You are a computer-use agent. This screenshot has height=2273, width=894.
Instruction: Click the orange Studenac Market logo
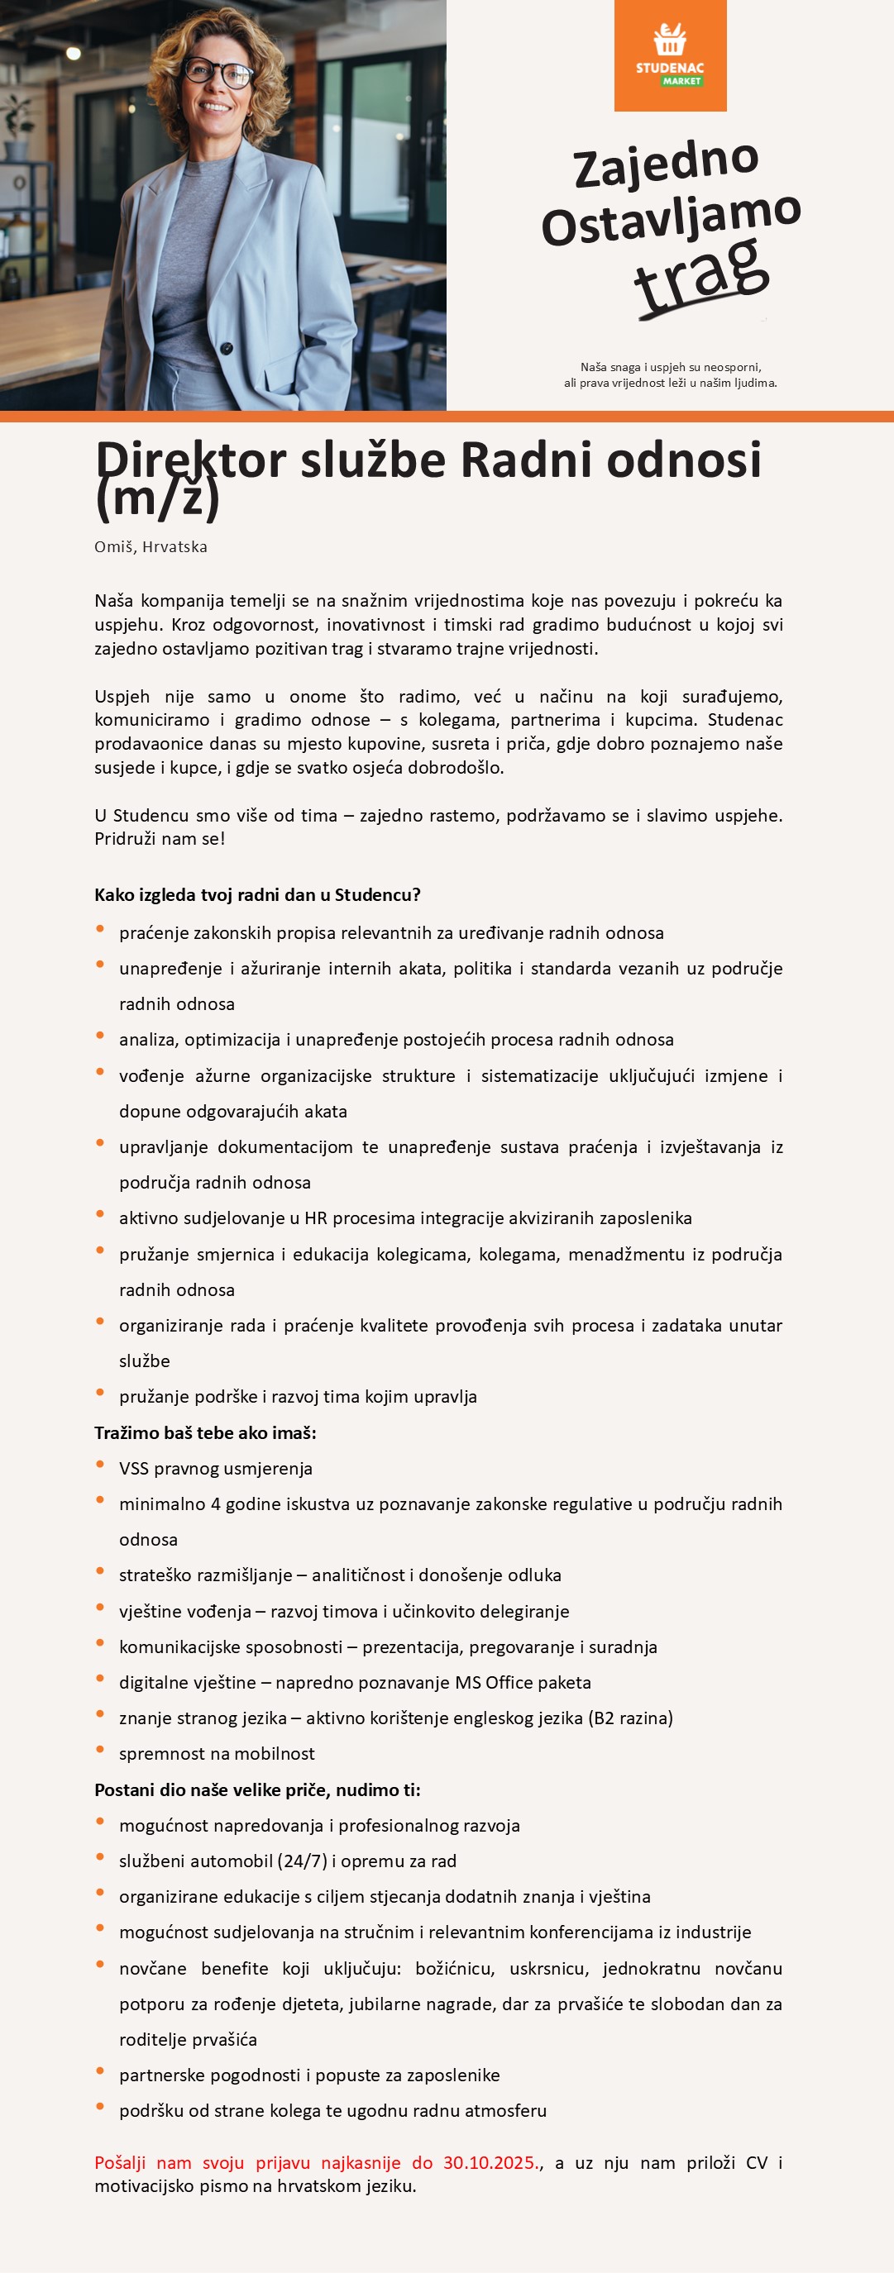tap(670, 55)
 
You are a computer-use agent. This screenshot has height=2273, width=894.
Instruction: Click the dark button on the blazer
tap(227, 348)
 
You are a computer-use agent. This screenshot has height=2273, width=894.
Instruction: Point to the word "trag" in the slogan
tap(701, 274)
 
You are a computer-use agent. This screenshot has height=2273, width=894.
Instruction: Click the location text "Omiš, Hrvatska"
tap(151, 547)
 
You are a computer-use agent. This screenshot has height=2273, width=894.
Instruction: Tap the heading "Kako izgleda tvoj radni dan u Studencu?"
tap(257, 894)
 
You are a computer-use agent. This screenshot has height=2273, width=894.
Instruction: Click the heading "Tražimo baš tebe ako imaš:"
tap(205, 1433)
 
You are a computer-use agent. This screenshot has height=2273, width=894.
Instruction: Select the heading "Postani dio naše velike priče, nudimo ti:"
tap(257, 1789)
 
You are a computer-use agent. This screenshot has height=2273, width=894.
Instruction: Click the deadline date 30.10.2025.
tap(490, 2163)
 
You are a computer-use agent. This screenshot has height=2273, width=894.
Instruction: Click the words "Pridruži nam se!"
tap(160, 839)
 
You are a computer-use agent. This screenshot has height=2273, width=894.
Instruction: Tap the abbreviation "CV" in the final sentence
tap(757, 2163)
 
